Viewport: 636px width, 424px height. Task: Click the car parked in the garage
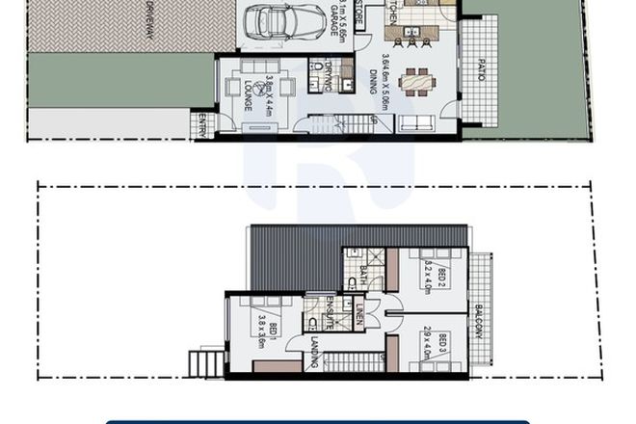click(x=285, y=21)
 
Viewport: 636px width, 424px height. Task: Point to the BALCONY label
click(x=479, y=322)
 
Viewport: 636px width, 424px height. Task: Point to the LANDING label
click(x=315, y=352)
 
